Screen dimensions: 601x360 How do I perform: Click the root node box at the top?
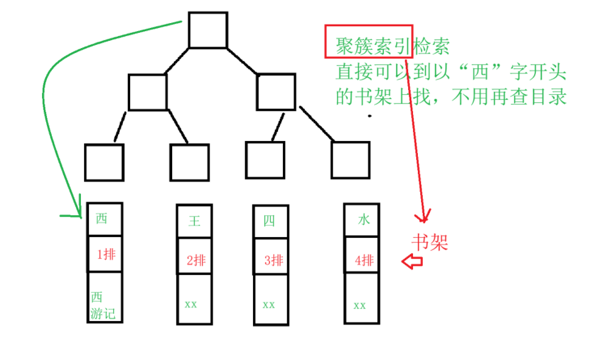click(x=207, y=30)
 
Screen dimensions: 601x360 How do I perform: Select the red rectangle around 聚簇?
click(x=369, y=42)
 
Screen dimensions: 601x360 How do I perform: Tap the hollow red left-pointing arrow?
click(x=412, y=262)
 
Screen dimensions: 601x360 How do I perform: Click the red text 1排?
click(x=106, y=255)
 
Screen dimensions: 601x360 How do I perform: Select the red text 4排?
click(x=364, y=261)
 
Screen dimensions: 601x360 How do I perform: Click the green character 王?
click(x=194, y=221)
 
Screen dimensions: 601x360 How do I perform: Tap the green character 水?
click(x=364, y=220)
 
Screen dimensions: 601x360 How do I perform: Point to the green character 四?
click(x=269, y=221)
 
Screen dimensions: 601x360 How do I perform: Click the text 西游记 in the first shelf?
click(x=102, y=306)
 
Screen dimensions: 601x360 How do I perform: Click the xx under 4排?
click(x=360, y=305)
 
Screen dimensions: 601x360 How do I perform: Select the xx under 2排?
click(x=191, y=303)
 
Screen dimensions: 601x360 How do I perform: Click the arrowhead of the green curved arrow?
click(x=79, y=212)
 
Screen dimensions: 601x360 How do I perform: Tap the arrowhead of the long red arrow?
click(x=422, y=216)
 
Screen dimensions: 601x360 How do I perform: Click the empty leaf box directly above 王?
click(x=189, y=162)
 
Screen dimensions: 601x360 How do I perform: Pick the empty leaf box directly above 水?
click(x=350, y=160)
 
